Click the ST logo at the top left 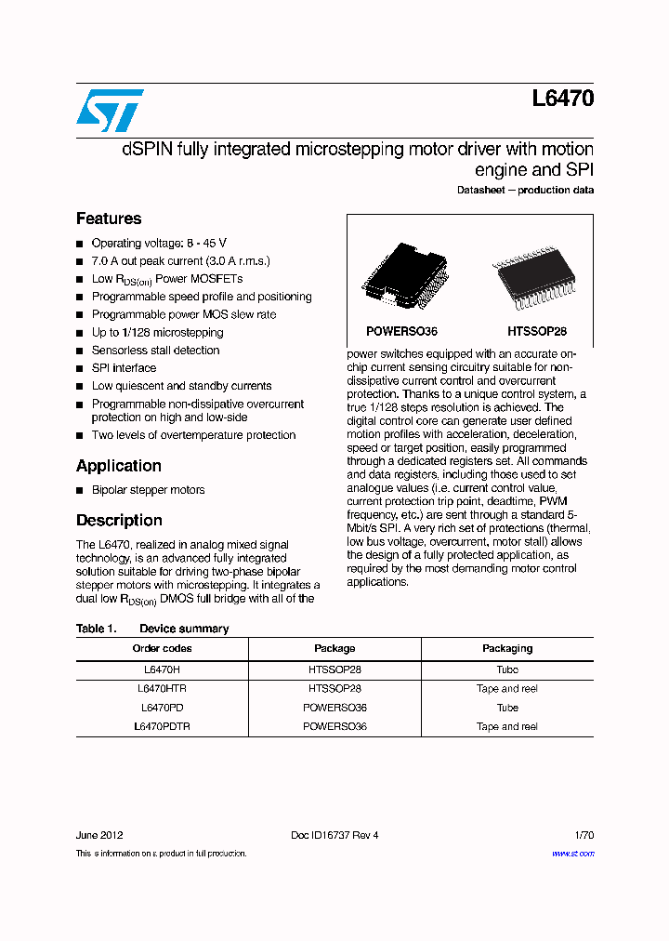(x=110, y=110)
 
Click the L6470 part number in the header (x=563, y=99)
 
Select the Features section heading (x=109, y=219)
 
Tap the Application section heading (x=119, y=466)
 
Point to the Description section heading (x=119, y=521)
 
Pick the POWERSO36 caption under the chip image (x=401, y=331)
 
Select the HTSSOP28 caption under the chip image (x=536, y=331)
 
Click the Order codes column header (x=162, y=648)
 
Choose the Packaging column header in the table (x=507, y=648)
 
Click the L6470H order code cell (x=162, y=669)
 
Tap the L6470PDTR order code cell (x=162, y=726)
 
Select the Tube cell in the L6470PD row (x=507, y=708)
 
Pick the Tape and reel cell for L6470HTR (x=507, y=689)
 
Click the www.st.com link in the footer (x=572, y=853)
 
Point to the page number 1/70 (x=584, y=835)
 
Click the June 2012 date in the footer (x=98, y=835)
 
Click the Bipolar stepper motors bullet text (x=148, y=490)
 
